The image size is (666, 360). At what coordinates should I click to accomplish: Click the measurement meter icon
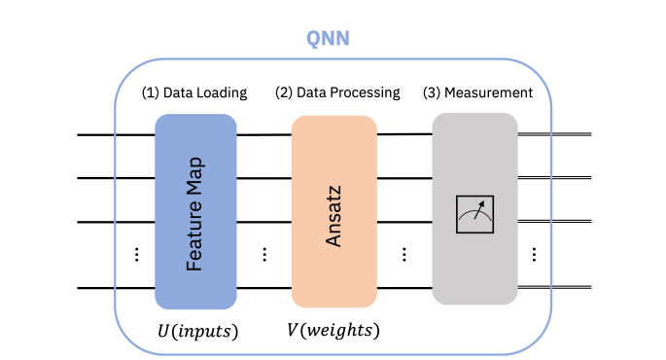click(x=475, y=214)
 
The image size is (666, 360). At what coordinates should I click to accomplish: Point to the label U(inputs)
click(x=197, y=331)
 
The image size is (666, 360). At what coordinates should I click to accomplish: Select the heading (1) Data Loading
click(x=194, y=93)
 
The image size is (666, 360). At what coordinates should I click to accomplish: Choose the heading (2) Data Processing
click(x=337, y=93)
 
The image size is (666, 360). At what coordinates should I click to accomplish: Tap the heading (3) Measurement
click(x=477, y=93)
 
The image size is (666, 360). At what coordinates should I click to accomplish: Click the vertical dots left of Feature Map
click(x=136, y=254)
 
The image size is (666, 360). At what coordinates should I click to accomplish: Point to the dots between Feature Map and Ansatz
click(x=264, y=254)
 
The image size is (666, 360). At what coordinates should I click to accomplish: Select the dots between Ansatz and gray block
click(x=404, y=254)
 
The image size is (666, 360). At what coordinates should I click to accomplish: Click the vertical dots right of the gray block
click(x=534, y=254)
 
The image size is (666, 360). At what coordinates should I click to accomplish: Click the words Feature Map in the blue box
click(x=194, y=212)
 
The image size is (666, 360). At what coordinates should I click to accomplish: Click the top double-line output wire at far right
click(x=569, y=134)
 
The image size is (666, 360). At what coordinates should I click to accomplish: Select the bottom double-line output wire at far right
click(x=569, y=288)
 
